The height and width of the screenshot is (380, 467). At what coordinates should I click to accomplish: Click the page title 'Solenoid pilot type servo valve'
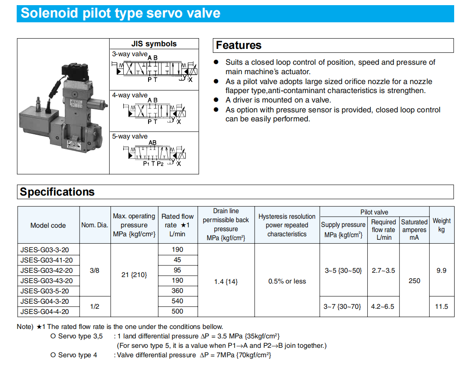pyautogui.click(x=120, y=13)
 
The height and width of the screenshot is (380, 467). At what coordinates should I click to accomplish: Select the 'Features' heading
pyautogui.click(x=238, y=45)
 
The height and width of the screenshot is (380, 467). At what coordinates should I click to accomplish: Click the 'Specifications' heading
pyautogui.click(x=57, y=192)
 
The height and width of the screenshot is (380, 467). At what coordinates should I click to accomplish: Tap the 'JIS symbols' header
pyautogui.click(x=154, y=44)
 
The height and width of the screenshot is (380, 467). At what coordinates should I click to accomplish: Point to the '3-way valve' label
pyautogui.click(x=129, y=54)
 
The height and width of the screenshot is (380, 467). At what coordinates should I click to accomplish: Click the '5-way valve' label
pyautogui.click(x=130, y=136)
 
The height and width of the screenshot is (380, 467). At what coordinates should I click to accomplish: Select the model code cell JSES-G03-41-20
pyautogui.click(x=47, y=260)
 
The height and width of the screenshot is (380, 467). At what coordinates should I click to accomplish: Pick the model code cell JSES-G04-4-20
pyautogui.click(x=45, y=311)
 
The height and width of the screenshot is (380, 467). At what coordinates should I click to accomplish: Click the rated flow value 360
pyautogui.click(x=177, y=291)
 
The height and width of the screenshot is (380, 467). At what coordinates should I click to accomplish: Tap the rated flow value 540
pyautogui.click(x=177, y=301)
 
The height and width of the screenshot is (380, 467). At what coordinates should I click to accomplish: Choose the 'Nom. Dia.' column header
pyautogui.click(x=95, y=225)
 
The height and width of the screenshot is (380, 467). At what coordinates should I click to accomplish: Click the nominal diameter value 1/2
pyautogui.click(x=95, y=306)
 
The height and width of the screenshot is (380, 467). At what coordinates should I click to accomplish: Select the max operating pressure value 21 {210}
pyautogui.click(x=134, y=275)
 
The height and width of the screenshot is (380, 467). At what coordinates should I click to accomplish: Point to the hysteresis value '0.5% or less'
pyautogui.click(x=287, y=281)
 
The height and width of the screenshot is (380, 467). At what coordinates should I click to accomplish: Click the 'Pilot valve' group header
pyautogui.click(x=374, y=212)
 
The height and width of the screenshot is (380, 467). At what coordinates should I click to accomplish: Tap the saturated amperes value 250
pyautogui.click(x=414, y=281)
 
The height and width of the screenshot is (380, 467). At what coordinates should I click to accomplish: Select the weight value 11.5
pyautogui.click(x=441, y=306)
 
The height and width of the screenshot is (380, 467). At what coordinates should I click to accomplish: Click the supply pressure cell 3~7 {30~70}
pyautogui.click(x=343, y=306)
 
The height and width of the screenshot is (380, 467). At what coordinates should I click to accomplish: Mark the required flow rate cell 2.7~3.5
pyautogui.click(x=383, y=271)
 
